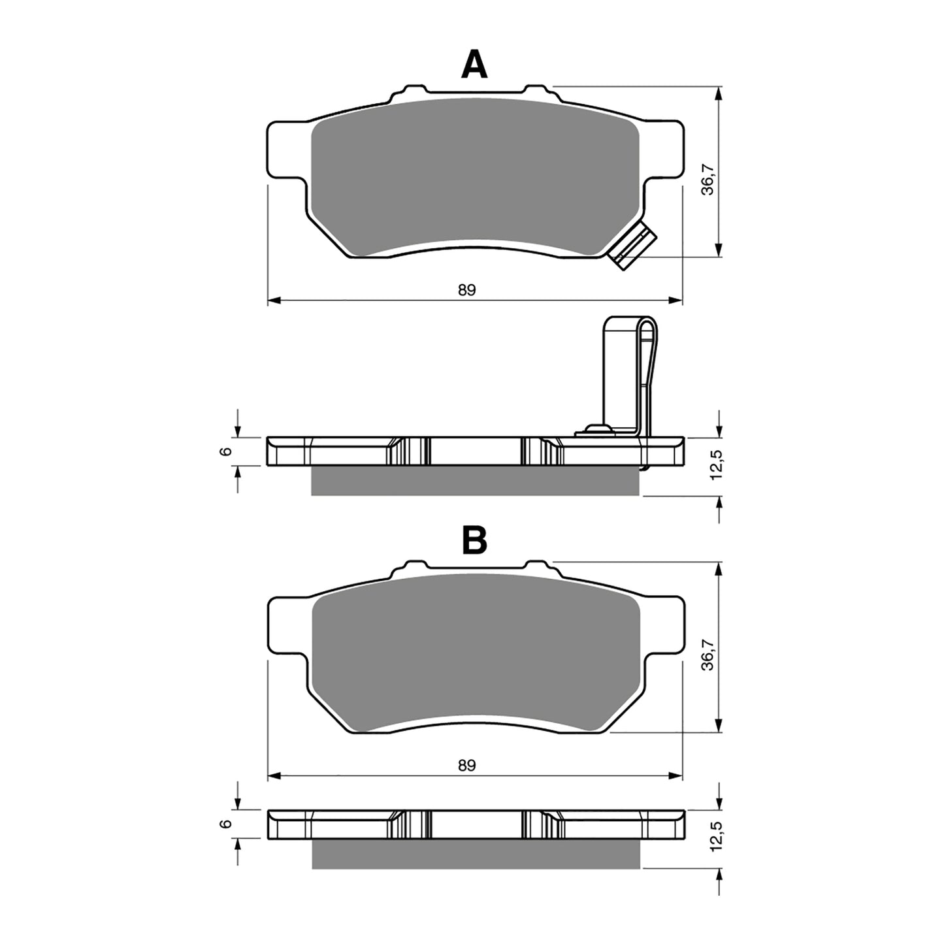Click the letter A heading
click(x=474, y=65)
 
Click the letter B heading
click(x=474, y=541)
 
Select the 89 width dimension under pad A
click(x=466, y=290)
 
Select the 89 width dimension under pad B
click(x=466, y=765)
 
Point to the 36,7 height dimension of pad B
click(x=708, y=655)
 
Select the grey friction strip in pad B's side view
click(x=476, y=854)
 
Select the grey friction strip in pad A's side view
click(x=476, y=481)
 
